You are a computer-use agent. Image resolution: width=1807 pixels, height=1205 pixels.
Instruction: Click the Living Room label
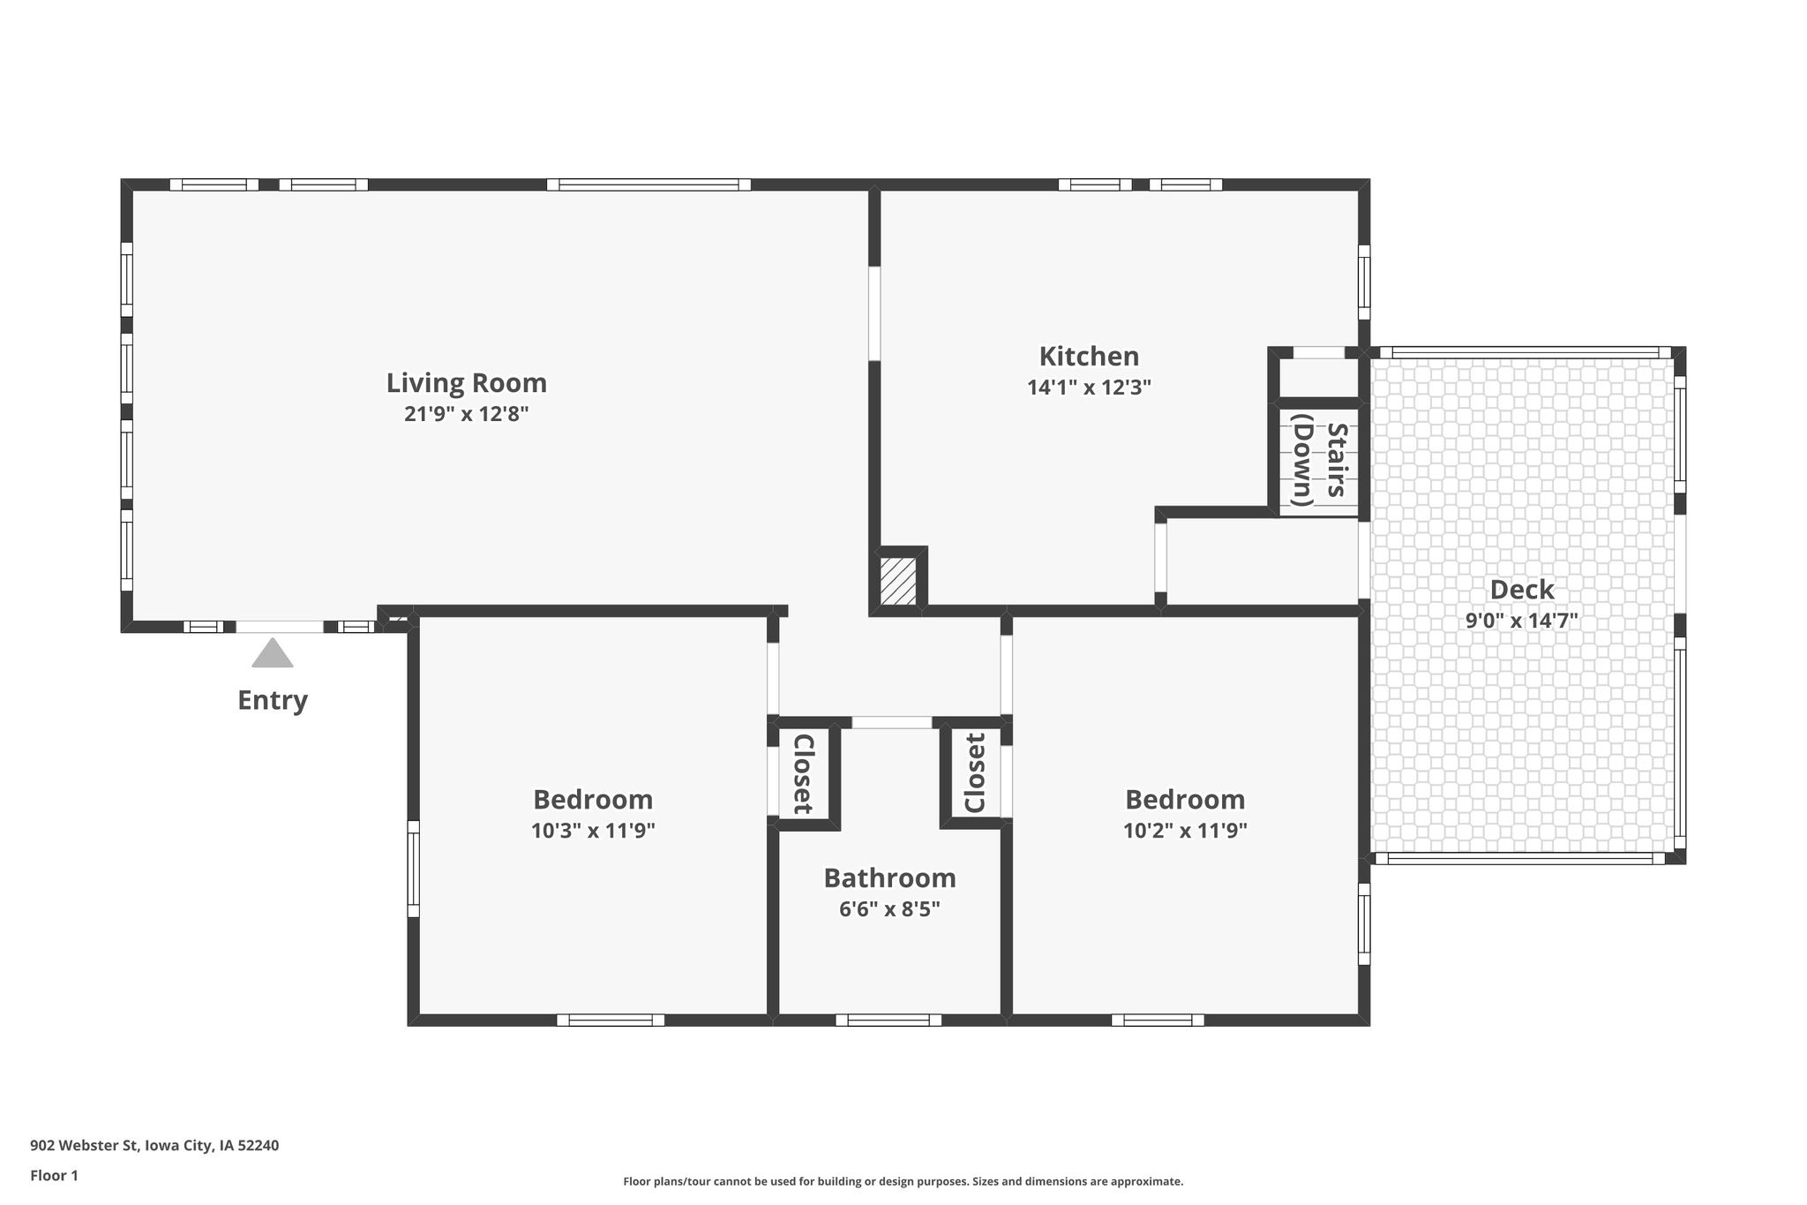pyautogui.click(x=467, y=383)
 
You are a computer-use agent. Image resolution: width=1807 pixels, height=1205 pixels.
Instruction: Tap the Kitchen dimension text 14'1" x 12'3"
pyautogui.click(x=1089, y=388)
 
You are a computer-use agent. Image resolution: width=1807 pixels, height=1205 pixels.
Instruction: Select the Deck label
pyautogui.click(x=1522, y=590)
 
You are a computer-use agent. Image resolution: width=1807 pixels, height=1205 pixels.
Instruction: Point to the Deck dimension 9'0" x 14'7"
pyautogui.click(x=1522, y=621)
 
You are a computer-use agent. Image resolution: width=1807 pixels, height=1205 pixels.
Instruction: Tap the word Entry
pyautogui.click(x=273, y=700)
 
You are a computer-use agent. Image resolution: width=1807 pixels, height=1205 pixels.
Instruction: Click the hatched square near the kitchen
pyautogui.click(x=899, y=580)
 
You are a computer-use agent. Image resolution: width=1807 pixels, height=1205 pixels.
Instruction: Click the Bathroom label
pyautogui.click(x=889, y=878)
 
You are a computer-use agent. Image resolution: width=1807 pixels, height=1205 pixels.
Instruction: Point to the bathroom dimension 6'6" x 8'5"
pyautogui.click(x=889, y=909)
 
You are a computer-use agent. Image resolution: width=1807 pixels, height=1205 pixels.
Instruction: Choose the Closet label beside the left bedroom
pyautogui.click(x=803, y=773)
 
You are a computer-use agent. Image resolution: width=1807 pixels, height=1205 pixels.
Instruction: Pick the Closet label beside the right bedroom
pyautogui.click(x=975, y=773)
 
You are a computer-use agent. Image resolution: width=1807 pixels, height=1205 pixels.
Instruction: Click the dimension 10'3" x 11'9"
pyautogui.click(x=593, y=831)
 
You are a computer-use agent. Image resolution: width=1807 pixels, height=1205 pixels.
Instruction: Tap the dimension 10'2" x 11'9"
pyautogui.click(x=1185, y=831)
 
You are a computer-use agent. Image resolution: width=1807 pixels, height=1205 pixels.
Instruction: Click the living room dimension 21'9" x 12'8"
pyautogui.click(x=467, y=414)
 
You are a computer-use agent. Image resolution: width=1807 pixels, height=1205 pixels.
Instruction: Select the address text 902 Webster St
pyautogui.click(x=85, y=1146)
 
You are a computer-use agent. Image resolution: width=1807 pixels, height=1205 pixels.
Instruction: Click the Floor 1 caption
pyautogui.click(x=55, y=1176)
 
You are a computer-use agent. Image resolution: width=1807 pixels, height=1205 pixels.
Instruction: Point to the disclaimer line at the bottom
pyautogui.click(x=903, y=1181)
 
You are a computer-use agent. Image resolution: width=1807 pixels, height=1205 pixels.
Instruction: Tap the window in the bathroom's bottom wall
pyautogui.click(x=889, y=1020)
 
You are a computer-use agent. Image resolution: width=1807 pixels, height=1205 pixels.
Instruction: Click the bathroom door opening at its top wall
pyautogui.click(x=891, y=722)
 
